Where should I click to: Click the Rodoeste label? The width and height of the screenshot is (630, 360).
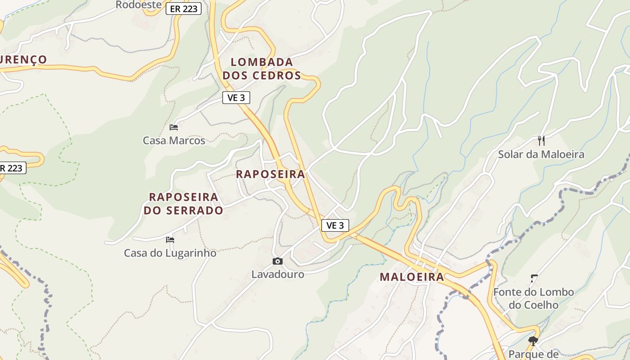[x=138, y=5]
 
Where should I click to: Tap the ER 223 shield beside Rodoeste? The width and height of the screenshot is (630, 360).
[x=183, y=9]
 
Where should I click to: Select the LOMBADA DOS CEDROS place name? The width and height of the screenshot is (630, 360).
[x=262, y=69]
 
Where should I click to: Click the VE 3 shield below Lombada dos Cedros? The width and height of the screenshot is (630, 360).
[x=236, y=98]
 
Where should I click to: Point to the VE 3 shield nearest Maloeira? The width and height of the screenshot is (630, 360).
[x=335, y=225]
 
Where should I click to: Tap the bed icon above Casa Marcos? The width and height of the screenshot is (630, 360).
[x=174, y=127]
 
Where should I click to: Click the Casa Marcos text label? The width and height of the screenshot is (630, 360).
[x=174, y=140]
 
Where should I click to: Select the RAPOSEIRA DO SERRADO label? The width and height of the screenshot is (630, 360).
[x=184, y=203]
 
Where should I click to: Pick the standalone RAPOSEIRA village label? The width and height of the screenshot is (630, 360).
[x=270, y=174]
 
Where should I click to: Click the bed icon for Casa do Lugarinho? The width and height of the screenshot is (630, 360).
[x=170, y=239]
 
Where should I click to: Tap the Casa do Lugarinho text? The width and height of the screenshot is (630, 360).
[x=170, y=253]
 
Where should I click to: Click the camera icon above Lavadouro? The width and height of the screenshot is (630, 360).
[x=278, y=261]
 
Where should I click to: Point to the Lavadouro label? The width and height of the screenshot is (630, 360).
[x=278, y=274]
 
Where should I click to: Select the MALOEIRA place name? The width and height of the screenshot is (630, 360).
[x=412, y=277]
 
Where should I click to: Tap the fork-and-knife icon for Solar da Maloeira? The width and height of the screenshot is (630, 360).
[x=541, y=141]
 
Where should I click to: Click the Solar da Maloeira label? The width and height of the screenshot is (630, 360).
[x=541, y=154]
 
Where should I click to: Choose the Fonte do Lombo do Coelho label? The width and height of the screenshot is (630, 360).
[x=533, y=298]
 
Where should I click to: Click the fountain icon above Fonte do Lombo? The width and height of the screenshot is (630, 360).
[x=534, y=279]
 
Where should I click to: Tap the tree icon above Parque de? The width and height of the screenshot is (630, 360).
[x=533, y=341]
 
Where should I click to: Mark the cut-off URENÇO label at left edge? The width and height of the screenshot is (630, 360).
[x=23, y=59]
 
